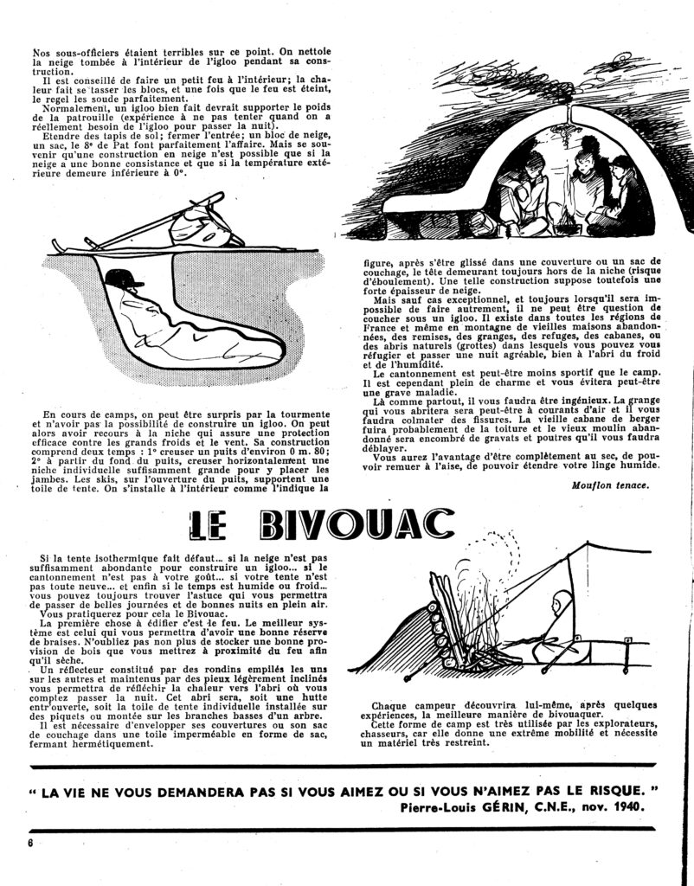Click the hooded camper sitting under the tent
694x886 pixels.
tap(557, 628)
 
